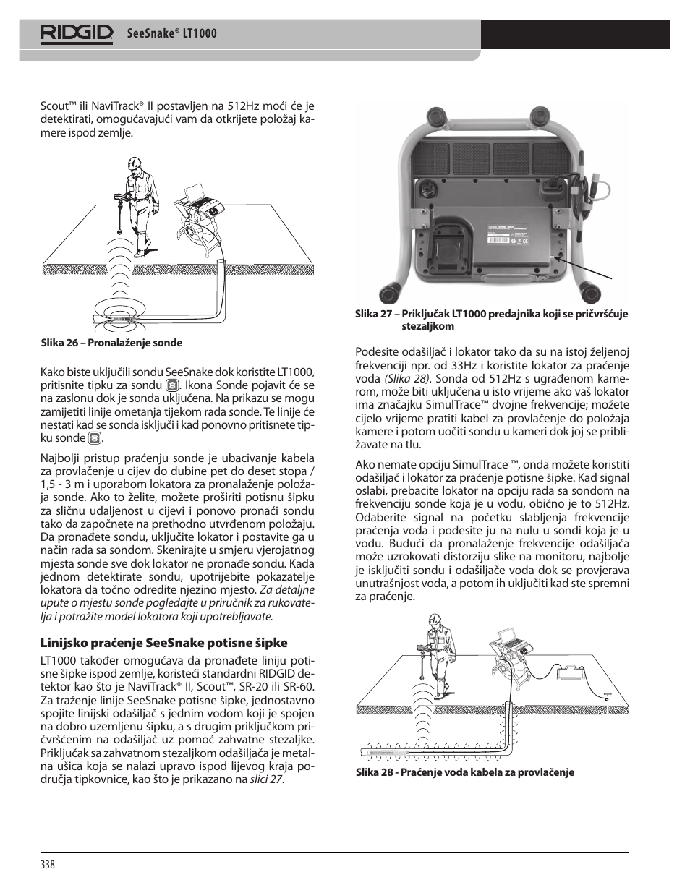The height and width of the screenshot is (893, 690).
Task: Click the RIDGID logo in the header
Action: [x=77, y=33]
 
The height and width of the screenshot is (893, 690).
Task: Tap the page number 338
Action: [x=48, y=865]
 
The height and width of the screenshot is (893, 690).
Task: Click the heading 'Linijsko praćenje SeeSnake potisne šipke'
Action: [x=164, y=642]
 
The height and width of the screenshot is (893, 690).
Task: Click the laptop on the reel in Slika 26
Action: [x=196, y=193]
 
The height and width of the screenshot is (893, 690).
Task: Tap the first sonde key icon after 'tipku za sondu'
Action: [x=172, y=385]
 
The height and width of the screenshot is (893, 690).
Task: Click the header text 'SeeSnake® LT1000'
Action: [x=171, y=33]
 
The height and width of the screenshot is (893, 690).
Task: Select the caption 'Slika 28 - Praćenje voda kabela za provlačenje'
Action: [x=464, y=772]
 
